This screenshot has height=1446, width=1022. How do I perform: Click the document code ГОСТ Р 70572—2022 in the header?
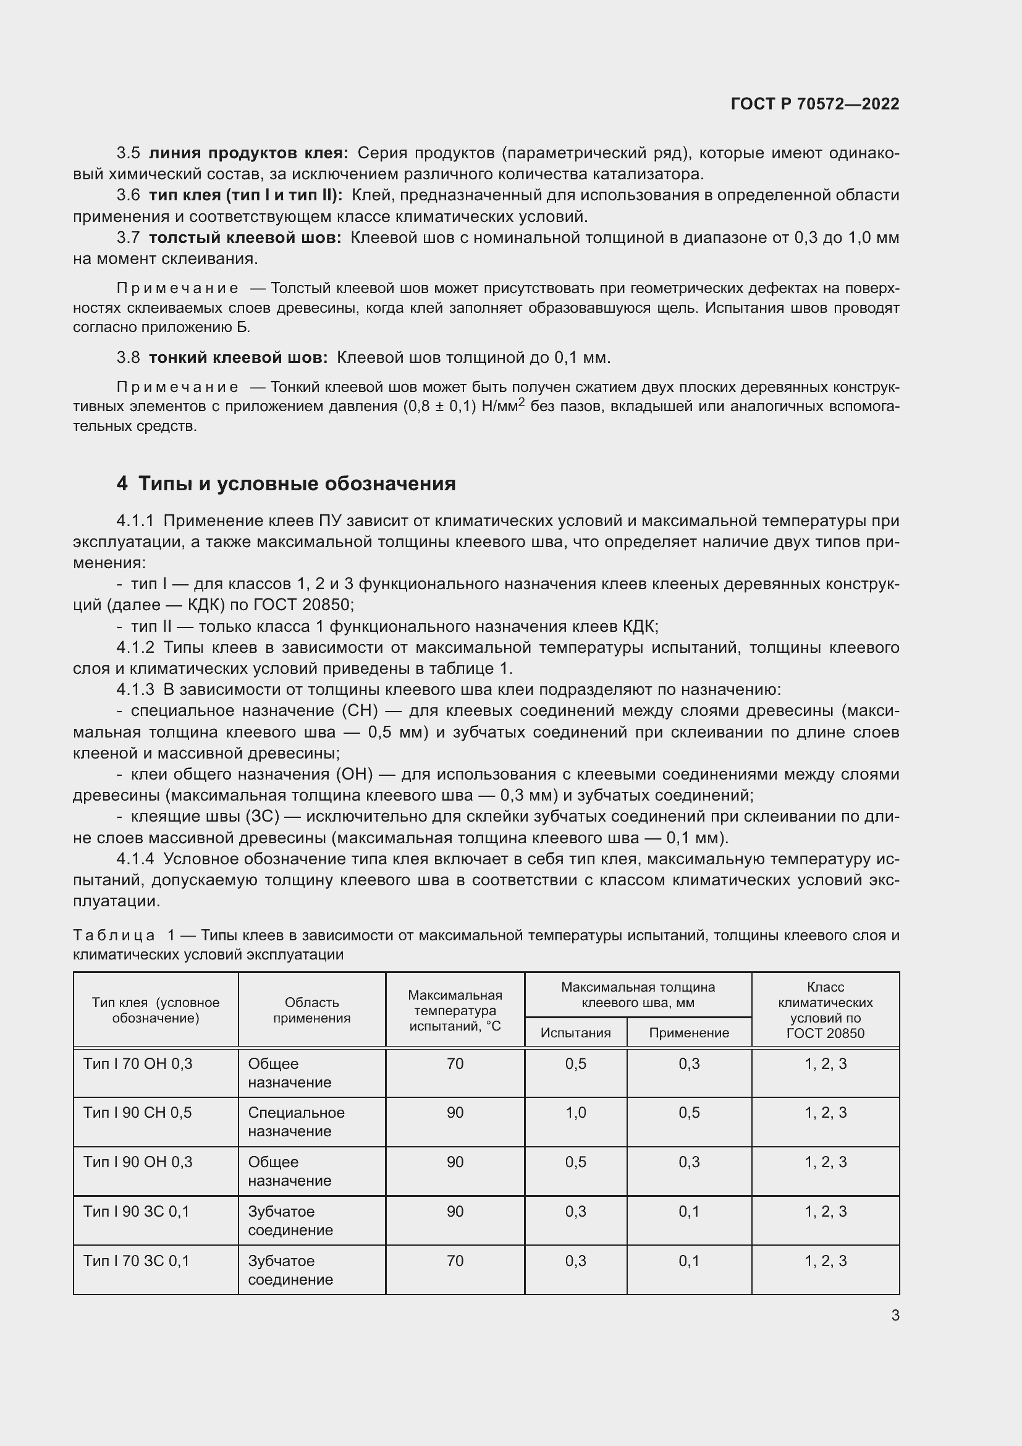coord(814,104)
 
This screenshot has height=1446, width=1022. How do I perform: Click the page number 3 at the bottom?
coord(895,1315)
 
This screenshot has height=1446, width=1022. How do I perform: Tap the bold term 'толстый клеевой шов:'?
coord(245,237)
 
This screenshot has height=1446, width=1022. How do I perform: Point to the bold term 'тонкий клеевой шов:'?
coord(238,358)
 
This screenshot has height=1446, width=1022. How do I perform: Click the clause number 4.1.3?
coord(135,690)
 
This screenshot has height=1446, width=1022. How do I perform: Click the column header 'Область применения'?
coord(311,1010)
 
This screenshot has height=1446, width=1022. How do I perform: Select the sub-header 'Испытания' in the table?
coord(575,1032)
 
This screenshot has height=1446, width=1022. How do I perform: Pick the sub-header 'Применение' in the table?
coord(688,1032)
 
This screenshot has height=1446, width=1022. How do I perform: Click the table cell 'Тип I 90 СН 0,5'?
coord(137,1112)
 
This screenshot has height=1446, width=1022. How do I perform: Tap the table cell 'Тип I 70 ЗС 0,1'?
coord(136,1261)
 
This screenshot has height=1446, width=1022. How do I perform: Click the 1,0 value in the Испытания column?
coord(575,1112)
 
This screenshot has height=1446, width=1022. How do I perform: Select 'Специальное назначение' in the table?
coord(296,1121)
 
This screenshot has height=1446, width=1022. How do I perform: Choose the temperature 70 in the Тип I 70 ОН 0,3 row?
coord(454,1064)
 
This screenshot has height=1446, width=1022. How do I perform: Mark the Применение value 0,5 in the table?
coord(688,1112)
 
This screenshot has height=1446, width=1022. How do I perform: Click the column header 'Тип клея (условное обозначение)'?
coord(156,1010)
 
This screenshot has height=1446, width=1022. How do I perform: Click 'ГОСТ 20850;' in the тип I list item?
coord(303,605)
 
